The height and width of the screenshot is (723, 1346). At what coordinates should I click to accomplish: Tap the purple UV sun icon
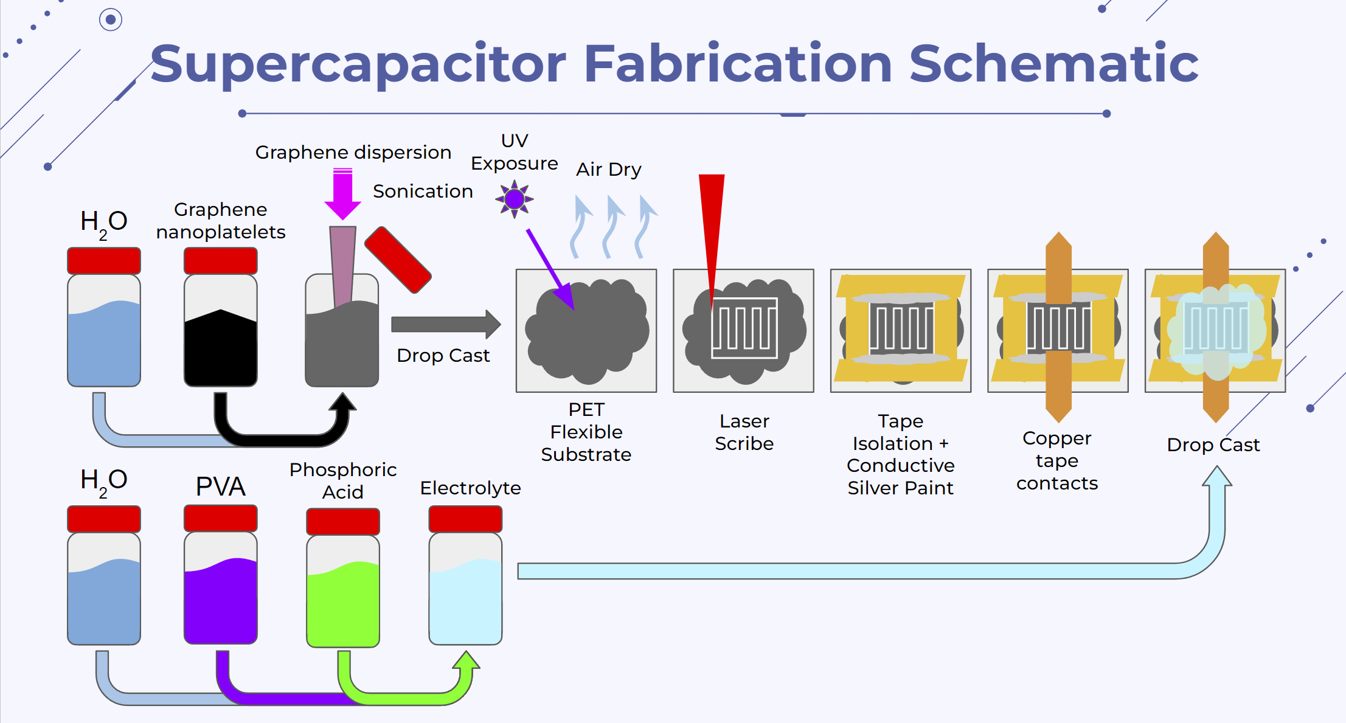515,199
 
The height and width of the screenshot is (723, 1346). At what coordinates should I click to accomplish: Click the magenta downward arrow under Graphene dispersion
342,194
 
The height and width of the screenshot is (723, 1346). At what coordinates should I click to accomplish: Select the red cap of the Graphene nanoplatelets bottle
221,261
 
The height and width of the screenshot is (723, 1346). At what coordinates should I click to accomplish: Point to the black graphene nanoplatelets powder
221,347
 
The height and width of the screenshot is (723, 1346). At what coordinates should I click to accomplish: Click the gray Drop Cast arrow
446,324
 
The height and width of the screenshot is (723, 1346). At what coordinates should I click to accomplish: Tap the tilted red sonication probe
398,260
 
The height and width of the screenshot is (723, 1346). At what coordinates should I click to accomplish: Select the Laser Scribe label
744,432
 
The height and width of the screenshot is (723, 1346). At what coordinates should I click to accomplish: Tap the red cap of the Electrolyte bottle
465,519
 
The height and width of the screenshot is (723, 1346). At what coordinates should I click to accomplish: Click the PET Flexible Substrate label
586,432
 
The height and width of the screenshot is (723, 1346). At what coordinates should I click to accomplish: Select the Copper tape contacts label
1057,460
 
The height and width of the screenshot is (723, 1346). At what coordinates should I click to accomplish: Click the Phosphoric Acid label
343,480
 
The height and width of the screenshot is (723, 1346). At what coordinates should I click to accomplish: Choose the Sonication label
423,191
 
